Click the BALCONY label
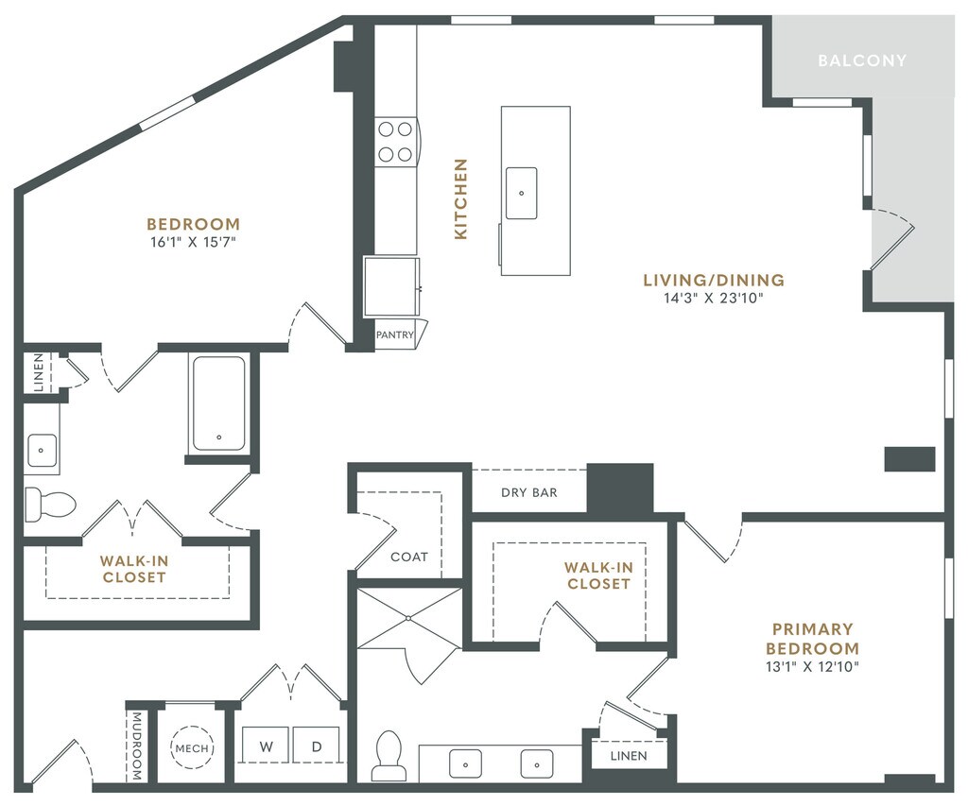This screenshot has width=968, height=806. point(862,60)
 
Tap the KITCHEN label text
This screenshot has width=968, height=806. point(460,198)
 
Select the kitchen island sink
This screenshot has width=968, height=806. point(522,193)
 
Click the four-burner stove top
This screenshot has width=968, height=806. point(396,142)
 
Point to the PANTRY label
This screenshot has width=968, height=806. point(394,335)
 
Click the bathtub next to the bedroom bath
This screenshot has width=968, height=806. point(219,403)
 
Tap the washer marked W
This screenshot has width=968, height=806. point(266,746)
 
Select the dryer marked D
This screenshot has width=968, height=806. point(316,746)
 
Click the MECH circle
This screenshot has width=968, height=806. point(192,748)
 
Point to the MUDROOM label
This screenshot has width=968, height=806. point(137,746)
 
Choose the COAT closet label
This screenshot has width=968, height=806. point(409,557)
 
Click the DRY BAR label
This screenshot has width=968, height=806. point(529,492)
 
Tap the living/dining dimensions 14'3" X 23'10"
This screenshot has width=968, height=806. point(714,298)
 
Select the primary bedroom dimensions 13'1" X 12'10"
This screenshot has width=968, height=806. point(812,666)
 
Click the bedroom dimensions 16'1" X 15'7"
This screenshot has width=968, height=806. point(193,242)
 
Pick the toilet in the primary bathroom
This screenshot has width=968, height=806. point(389,756)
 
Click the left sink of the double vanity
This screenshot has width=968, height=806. point(465,764)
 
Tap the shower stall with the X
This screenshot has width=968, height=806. point(409,618)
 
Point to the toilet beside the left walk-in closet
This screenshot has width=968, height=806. point(50,505)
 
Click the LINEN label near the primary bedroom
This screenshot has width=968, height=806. point(629,756)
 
